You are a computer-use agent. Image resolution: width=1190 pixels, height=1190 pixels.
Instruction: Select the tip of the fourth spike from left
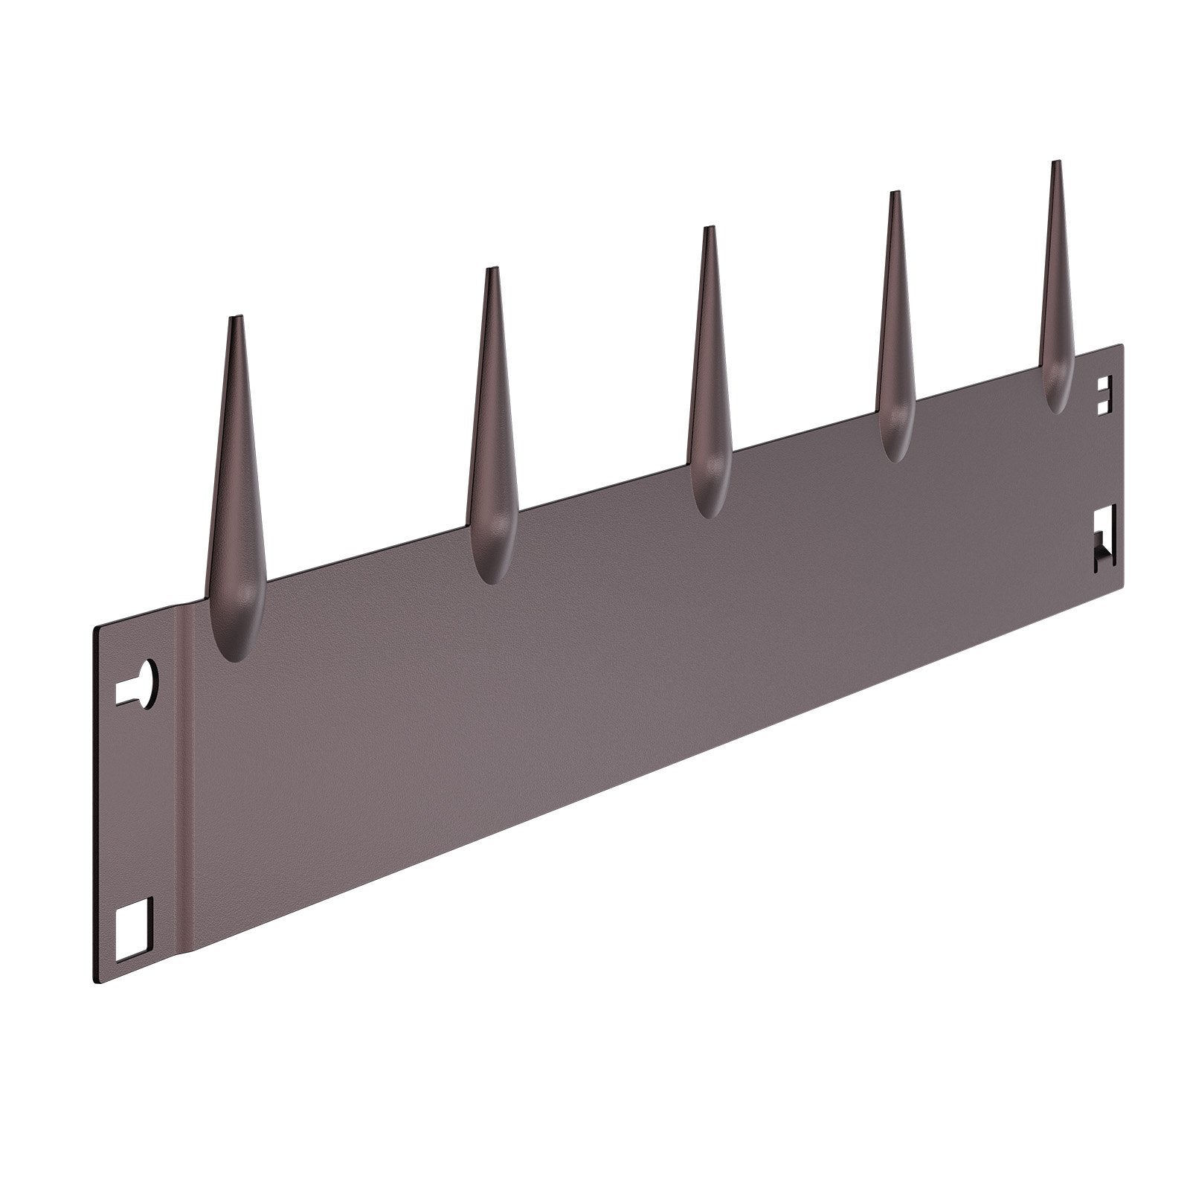point(895,194)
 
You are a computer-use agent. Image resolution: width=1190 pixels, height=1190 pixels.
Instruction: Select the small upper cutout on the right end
point(1106,393)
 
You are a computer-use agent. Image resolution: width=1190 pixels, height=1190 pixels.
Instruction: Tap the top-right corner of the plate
point(1121,345)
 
